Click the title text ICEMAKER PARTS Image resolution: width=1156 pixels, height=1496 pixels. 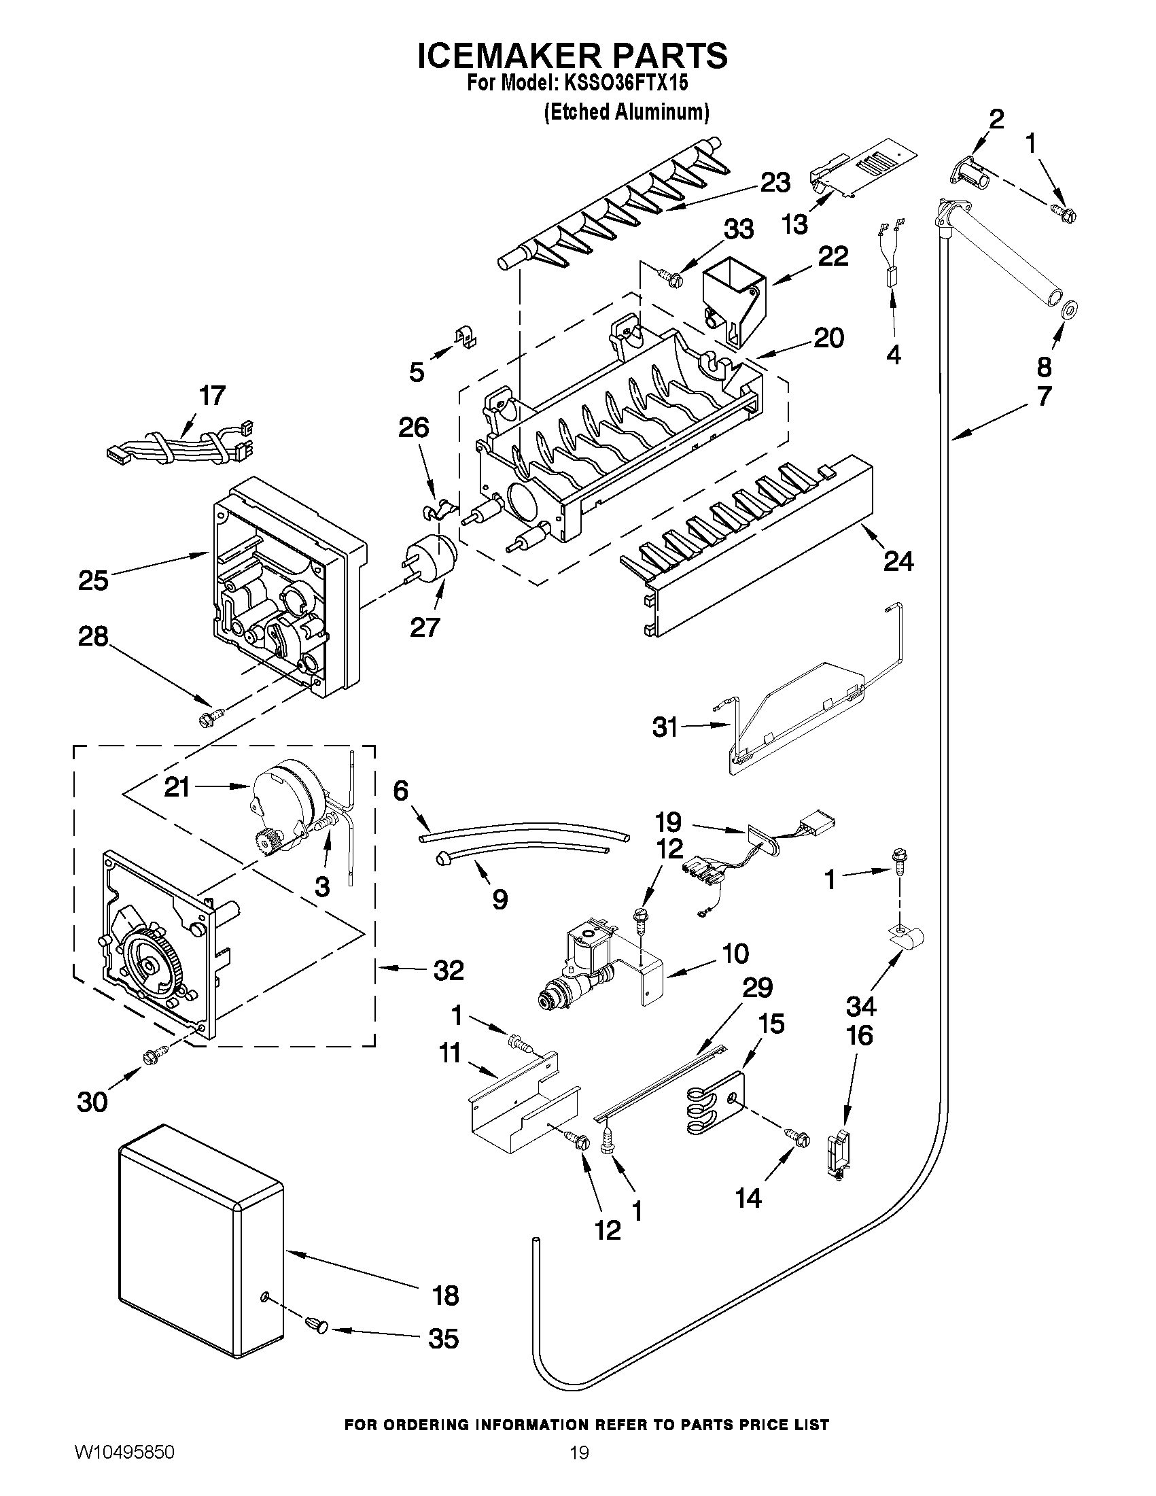[x=572, y=56]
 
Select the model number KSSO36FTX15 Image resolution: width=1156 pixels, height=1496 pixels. [x=625, y=84]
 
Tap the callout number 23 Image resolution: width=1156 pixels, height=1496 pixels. [x=775, y=183]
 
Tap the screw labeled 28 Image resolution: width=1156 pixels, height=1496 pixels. [x=207, y=718]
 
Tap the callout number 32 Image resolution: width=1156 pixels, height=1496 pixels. [x=448, y=970]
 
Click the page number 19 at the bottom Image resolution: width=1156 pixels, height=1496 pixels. [x=579, y=1469]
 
